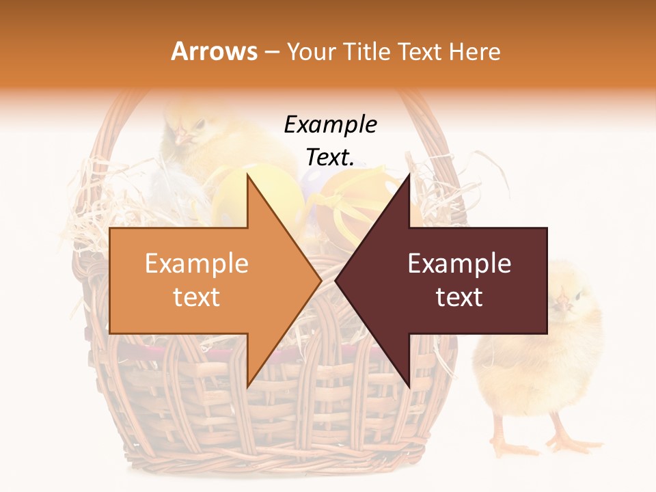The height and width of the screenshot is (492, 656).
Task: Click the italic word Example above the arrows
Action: [x=330, y=125]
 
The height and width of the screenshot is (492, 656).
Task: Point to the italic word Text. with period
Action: [x=330, y=157]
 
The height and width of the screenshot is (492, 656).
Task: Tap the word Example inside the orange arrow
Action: [x=197, y=264]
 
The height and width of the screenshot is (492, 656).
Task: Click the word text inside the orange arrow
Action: [x=197, y=297]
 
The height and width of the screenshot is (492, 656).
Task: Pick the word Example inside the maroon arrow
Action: [x=459, y=264]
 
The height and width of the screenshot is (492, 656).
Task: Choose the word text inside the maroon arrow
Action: [x=459, y=297]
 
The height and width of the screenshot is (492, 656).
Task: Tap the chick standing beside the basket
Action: [x=540, y=362]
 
